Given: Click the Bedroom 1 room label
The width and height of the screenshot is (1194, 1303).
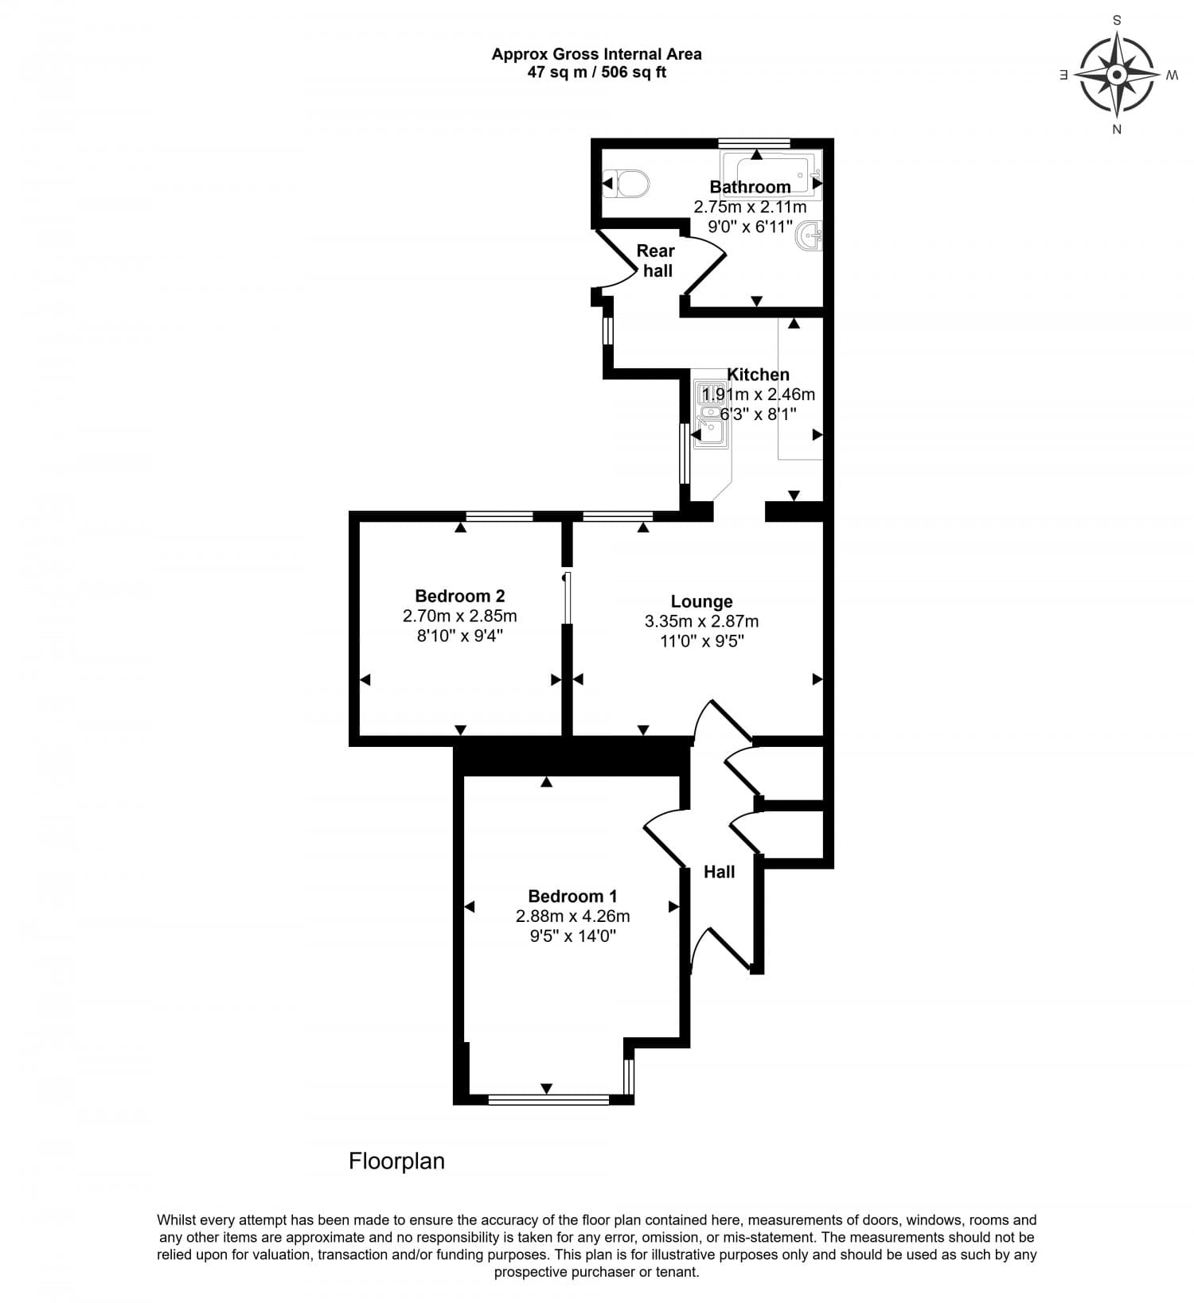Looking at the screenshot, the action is coord(572,896).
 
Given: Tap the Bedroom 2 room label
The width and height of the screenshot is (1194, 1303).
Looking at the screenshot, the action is coord(460,596).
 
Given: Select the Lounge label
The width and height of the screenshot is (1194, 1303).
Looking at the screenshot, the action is coord(701,602).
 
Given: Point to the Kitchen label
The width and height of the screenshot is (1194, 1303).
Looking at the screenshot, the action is coord(758,375).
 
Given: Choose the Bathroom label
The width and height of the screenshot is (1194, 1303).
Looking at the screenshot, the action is coord(750,187).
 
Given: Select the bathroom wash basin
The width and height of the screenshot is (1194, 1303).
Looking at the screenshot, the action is coord(809,235).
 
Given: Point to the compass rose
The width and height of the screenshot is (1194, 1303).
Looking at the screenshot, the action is coord(1117,76).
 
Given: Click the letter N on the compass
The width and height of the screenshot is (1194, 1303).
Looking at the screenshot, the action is coord(1117,130).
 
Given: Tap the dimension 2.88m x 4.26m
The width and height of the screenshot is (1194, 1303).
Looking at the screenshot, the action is coord(572,916).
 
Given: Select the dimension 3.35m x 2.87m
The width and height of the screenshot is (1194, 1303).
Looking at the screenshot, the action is coord(701,621).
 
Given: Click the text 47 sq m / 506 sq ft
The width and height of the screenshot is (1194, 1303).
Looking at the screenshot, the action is coord(596,72).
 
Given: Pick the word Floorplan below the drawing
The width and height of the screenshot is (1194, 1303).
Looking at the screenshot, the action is coord(396,1161).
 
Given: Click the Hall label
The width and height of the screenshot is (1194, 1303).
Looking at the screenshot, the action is coord(719,872).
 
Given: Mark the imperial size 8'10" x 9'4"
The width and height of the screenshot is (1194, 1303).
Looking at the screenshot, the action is coord(460,636).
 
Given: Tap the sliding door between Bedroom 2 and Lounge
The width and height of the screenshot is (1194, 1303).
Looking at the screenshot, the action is coord(567,597).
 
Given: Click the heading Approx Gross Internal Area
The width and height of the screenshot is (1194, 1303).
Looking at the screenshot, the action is coord(596,54).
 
